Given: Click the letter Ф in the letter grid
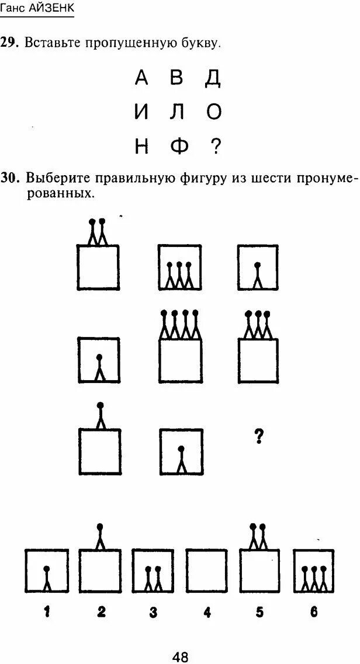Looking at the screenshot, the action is tap(179, 147).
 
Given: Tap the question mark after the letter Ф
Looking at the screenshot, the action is tap(215, 147).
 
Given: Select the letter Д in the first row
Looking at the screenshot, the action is tap(213, 78).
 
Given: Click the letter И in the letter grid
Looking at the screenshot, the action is tap(141, 112).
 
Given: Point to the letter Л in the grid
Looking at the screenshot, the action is tap(178, 112).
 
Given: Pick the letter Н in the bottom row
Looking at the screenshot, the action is tap(141, 147).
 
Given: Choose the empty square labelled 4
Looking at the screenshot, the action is tap(206, 571).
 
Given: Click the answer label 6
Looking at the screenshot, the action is tap(314, 612).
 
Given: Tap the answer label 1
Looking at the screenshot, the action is tap(47, 612).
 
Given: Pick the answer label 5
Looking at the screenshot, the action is tap(259, 612).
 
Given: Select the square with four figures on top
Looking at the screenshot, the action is tap(181, 360).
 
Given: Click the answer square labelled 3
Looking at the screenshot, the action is tap(153, 571).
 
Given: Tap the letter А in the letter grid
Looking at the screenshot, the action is tap(141, 78).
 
